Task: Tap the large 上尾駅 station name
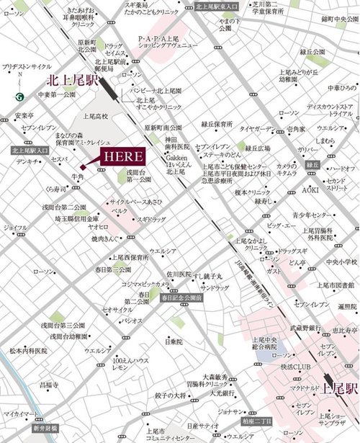(338, 388)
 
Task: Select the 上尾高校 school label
(95, 116)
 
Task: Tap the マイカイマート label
(17, 416)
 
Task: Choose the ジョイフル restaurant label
(16, 228)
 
